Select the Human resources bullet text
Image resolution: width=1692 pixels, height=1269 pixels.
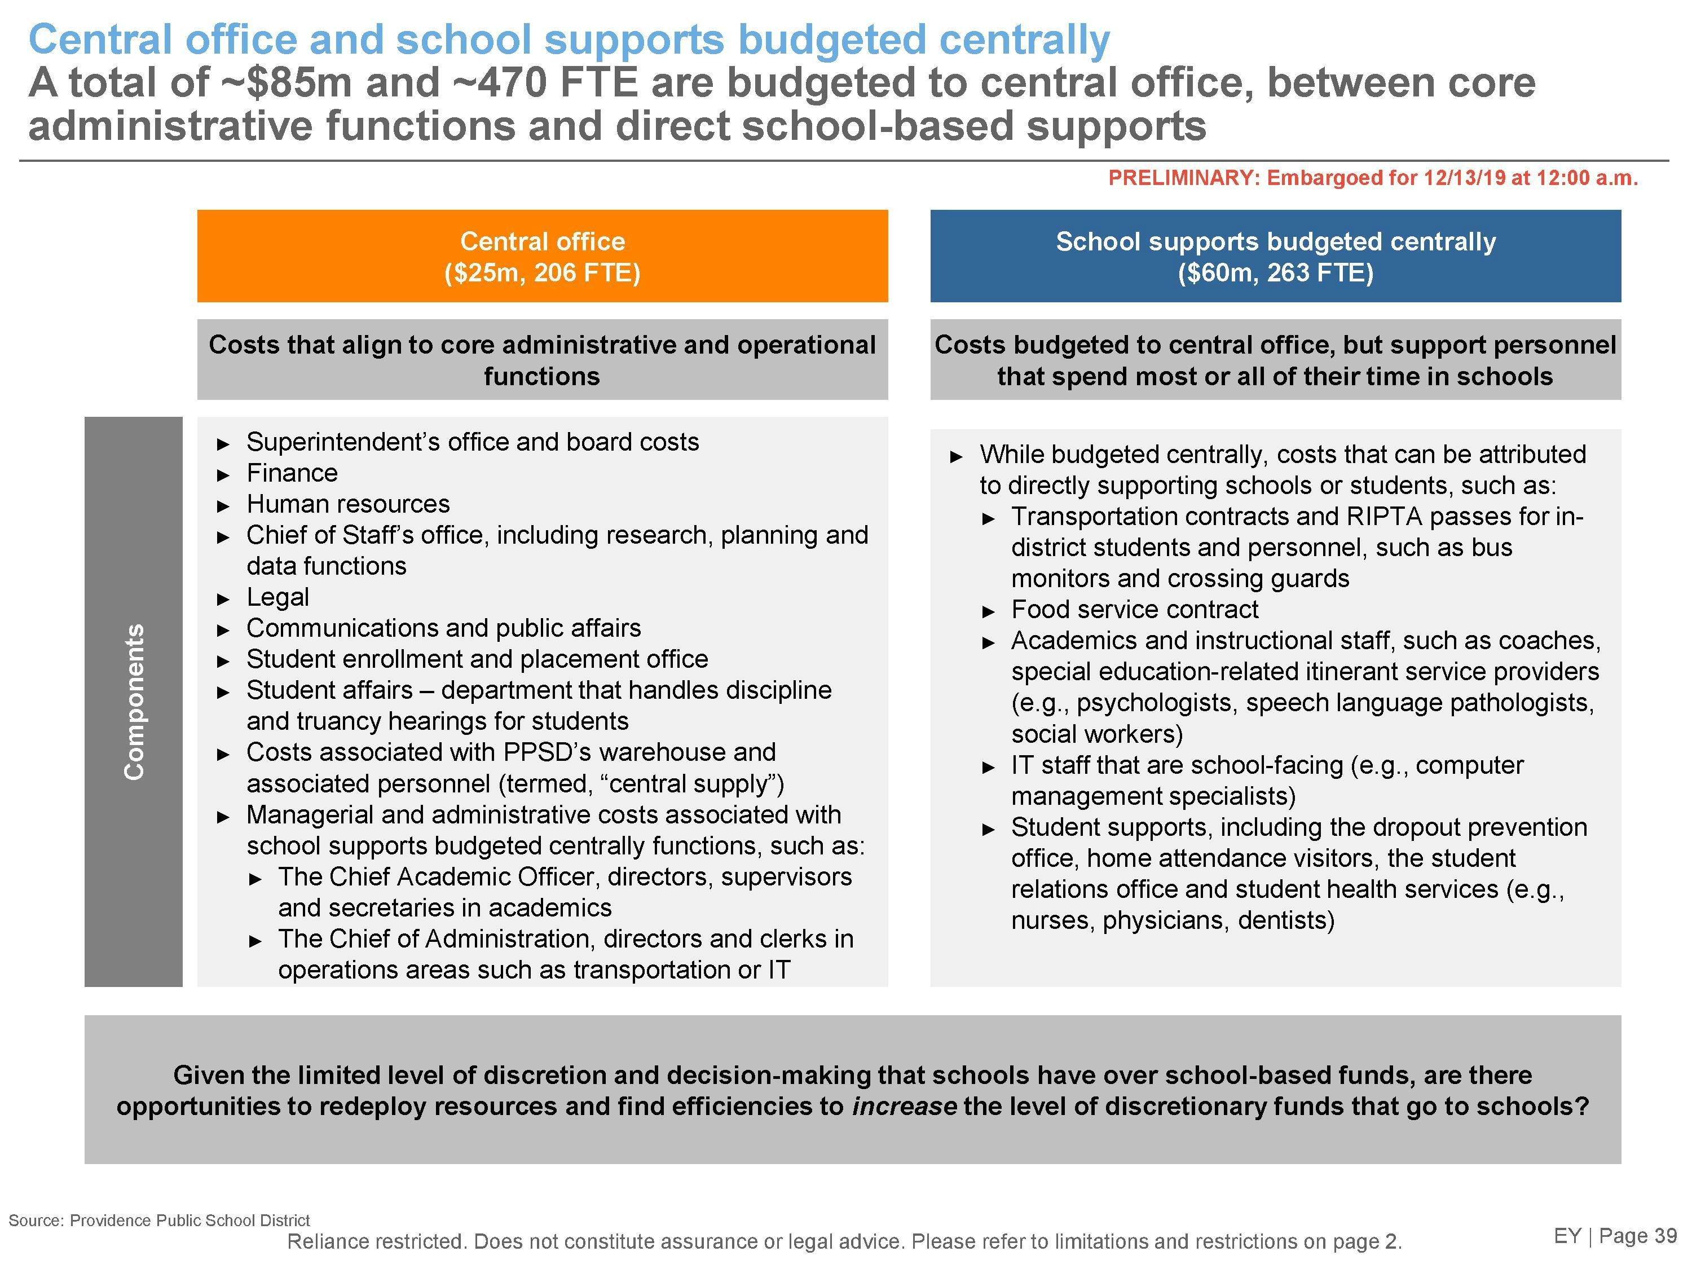tap(347, 504)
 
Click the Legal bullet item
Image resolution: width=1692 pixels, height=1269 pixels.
tap(277, 597)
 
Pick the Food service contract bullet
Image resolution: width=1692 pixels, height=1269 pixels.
tap(1134, 609)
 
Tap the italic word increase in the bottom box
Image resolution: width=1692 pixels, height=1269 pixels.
tap(904, 1106)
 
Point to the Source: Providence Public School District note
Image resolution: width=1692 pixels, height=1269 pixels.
tap(159, 1220)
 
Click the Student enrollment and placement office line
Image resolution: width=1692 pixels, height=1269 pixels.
tap(477, 659)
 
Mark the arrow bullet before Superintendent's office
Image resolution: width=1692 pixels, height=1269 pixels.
tap(223, 444)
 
